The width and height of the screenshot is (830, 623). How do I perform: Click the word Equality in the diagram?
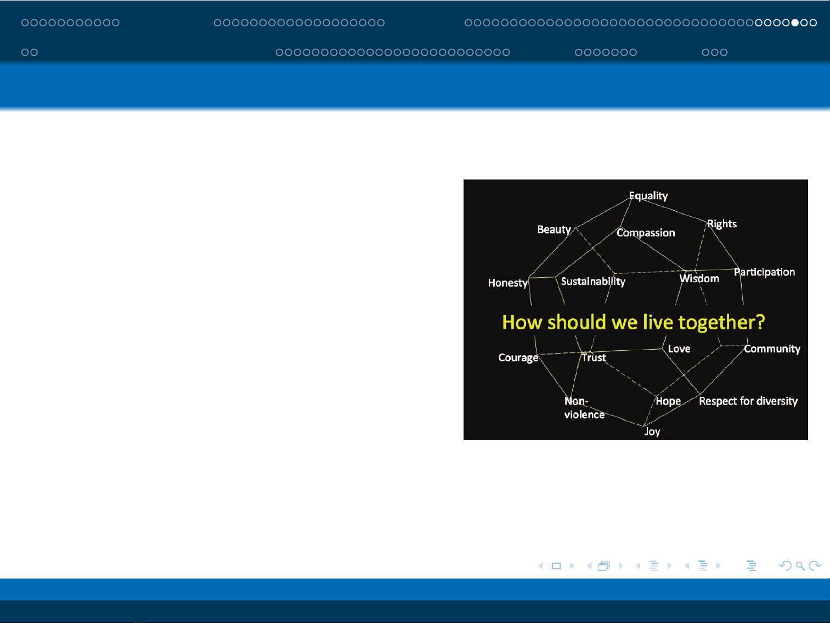point(648,197)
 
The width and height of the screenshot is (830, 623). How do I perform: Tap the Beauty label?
point(554,229)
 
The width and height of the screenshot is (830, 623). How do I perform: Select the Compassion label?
point(646,233)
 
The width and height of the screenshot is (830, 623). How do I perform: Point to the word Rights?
point(722,224)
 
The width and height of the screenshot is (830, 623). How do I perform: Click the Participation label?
point(764,272)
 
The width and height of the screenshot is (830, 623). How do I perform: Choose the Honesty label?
point(507,283)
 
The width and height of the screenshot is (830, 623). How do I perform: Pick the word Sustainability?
point(593,282)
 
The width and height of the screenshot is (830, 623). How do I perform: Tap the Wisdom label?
point(699,279)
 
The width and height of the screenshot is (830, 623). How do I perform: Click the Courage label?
point(518,358)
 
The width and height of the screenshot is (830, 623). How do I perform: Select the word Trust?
point(594,357)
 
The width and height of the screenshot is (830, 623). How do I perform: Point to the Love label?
point(679,349)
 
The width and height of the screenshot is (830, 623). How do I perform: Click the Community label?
point(772,349)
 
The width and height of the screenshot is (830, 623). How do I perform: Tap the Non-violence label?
point(584,408)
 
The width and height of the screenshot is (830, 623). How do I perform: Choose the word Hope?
point(668,401)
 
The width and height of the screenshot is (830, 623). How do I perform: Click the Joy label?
point(652,432)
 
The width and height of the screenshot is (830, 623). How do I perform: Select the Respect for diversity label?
point(748,401)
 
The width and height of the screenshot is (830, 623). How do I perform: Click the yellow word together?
point(721,323)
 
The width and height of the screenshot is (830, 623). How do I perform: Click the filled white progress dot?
point(795,23)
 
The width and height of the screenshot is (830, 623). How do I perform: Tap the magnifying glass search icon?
point(800,566)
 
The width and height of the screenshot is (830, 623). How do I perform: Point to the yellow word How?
point(522,322)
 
